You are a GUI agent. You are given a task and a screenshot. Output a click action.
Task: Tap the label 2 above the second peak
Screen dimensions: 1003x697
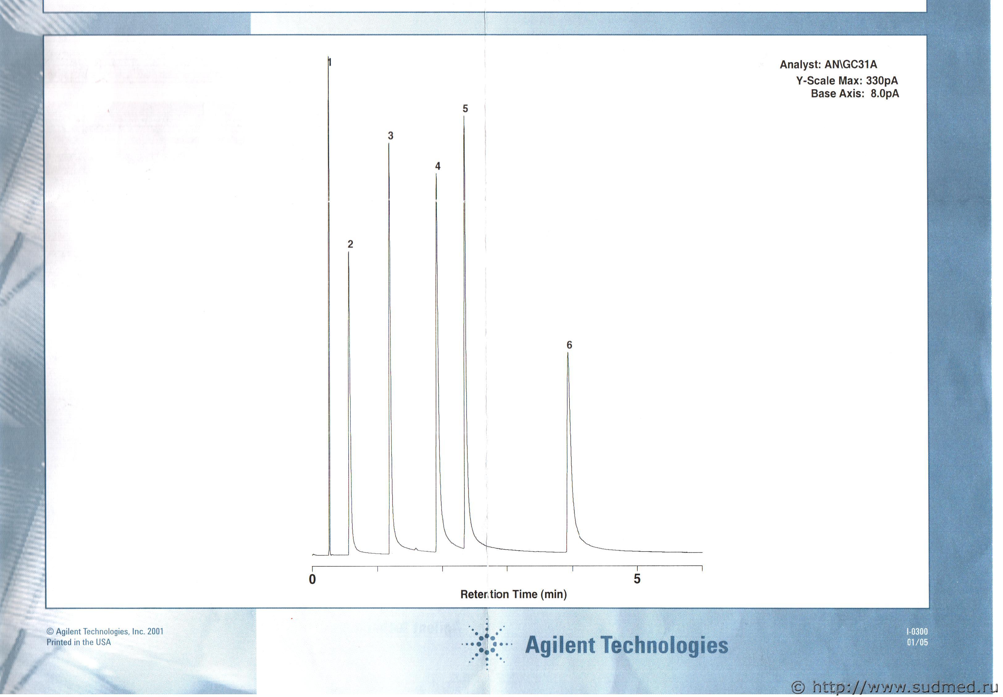[x=350, y=244]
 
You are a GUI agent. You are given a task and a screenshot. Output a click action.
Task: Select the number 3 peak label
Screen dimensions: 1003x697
[x=391, y=136]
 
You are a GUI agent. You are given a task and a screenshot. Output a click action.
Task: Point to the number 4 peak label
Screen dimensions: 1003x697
[x=438, y=166]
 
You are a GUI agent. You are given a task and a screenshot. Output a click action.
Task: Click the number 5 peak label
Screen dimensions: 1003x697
[x=465, y=108]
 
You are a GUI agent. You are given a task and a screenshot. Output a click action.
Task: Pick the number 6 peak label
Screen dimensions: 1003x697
[x=569, y=345]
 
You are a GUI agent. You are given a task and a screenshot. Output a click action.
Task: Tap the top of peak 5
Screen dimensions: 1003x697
[x=464, y=116]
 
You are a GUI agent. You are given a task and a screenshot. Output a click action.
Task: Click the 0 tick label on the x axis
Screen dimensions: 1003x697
[x=313, y=579]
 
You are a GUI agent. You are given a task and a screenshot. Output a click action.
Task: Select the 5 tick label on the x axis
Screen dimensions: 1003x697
[x=637, y=579]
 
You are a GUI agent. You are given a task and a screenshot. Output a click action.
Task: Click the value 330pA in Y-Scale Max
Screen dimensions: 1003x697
[x=882, y=81]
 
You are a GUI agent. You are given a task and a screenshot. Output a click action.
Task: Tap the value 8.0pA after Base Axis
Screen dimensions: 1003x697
[x=885, y=93]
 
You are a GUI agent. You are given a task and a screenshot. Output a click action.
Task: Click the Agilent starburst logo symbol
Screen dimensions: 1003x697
[x=487, y=644]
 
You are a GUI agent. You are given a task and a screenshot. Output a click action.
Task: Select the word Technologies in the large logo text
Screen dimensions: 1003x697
[x=664, y=645]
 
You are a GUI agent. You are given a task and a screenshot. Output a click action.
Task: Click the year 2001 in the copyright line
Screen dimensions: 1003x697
[x=155, y=632]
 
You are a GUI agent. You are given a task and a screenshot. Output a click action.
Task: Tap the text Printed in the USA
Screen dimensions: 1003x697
[x=78, y=642]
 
